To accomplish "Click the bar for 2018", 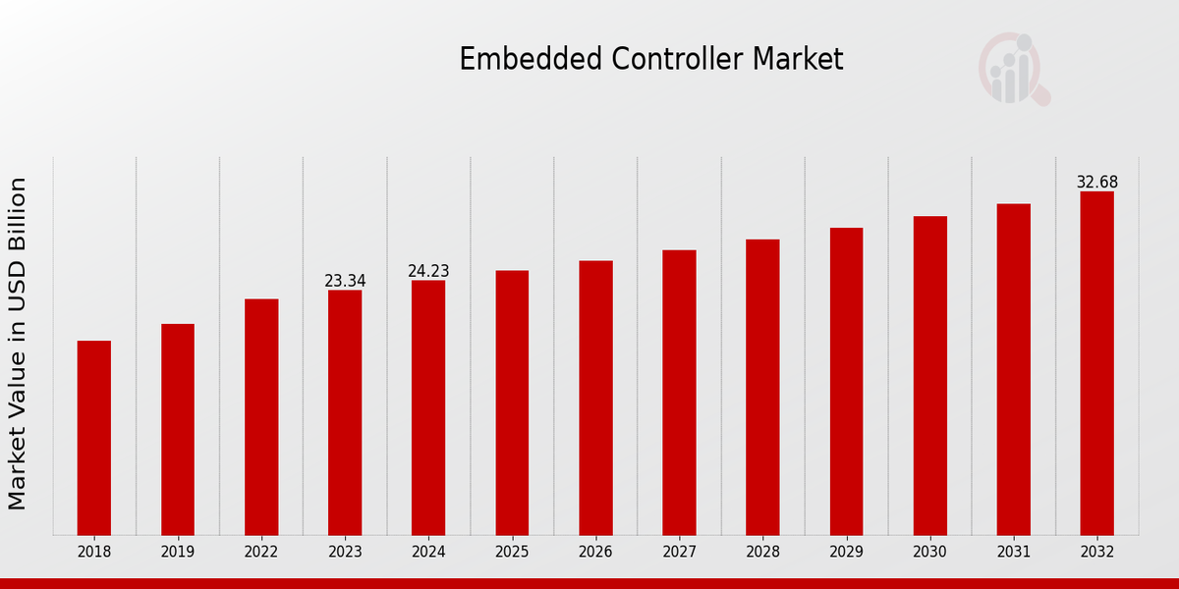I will tap(94, 438).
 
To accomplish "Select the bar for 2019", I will tap(178, 429).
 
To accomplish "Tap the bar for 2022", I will tap(261, 417).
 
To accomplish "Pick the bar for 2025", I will tap(512, 402).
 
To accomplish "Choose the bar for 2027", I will tap(679, 393).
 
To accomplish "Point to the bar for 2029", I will tap(846, 381).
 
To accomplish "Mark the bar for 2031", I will tap(1013, 369).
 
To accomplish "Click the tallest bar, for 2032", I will tap(1096, 363).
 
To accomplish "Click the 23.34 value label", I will tap(345, 282).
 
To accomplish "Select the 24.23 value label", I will tap(428, 272).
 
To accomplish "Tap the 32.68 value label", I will tap(1096, 183).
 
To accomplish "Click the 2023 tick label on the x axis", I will tap(345, 553).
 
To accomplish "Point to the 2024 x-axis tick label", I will tap(428, 553).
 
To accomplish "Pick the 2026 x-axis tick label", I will tap(595, 553).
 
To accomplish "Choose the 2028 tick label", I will tap(762, 553).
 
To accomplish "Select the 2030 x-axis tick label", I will tap(929, 553).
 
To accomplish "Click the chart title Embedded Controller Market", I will tap(650, 60).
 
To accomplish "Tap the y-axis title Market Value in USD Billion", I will tap(18, 344).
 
